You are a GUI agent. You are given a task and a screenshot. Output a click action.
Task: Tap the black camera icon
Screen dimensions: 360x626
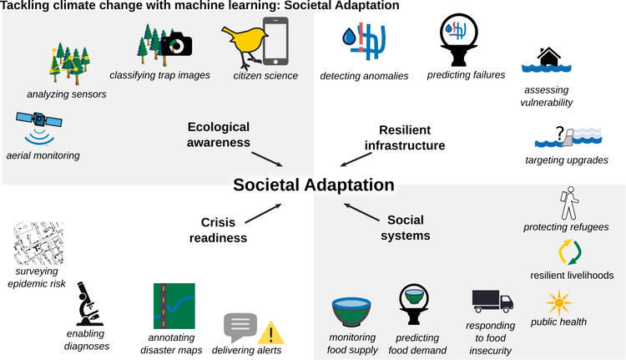(x=176, y=44)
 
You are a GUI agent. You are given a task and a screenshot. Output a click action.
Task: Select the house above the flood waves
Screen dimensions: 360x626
(x=548, y=57)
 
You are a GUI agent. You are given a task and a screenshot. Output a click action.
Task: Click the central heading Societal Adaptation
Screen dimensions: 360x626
(x=313, y=185)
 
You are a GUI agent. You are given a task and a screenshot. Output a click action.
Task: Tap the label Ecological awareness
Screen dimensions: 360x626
(x=220, y=134)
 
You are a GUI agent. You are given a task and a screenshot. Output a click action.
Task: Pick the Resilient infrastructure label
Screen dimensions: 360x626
(x=405, y=137)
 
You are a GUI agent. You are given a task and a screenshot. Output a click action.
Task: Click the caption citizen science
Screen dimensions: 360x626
(x=265, y=75)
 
